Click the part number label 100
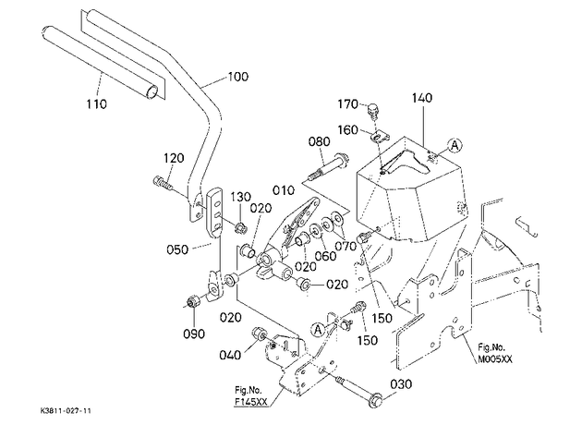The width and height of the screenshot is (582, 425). click(238, 77)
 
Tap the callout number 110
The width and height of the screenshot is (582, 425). click(96, 103)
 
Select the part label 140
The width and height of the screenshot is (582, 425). click(422, 98)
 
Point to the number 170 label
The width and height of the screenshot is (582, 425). click(347, 104)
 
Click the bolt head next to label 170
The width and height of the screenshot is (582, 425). click(372, 110)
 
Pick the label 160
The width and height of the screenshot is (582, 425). click(347, 130)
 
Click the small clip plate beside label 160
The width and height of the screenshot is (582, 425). click(379, 136)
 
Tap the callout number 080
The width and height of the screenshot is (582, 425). click(320, 141)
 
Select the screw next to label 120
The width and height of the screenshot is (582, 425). click(163, 182)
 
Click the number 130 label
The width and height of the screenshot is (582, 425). click(241, 197)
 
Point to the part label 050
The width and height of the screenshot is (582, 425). click(177, 249)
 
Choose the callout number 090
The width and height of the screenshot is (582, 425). click(194, 334)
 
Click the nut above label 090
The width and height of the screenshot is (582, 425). click(193, 301)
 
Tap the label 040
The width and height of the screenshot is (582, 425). click(230, 355)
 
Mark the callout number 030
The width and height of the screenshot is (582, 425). click(401, 383)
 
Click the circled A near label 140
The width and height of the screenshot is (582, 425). click(455, 145)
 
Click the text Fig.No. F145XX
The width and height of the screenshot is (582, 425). click(251, 395)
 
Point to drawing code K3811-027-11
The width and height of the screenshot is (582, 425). click(66, 411)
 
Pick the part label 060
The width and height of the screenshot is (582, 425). click(325, 256)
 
